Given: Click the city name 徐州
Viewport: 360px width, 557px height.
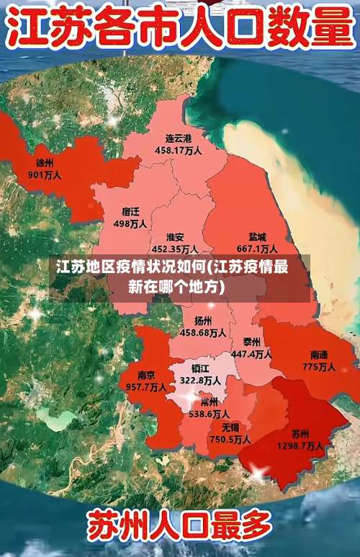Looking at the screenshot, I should coord(45,163).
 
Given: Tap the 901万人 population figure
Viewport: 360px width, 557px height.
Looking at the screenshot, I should coord(45,174).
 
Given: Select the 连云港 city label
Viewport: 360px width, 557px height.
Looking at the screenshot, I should coord(178,138).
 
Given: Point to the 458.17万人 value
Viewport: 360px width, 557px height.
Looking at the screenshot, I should coord(178,151).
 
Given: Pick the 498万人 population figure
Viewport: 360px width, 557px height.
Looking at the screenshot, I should coord(130,223).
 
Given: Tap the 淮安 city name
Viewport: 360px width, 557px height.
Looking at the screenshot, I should coord(174,237).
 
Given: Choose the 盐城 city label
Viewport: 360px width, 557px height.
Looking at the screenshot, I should coord(257,236).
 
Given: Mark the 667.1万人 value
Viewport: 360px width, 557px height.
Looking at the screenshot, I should coord(258,249).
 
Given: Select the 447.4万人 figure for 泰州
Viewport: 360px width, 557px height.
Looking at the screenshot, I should coord(251,354).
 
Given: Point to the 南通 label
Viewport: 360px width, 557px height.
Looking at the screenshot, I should coord(319,355).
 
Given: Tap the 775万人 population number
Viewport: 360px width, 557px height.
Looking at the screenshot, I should coord(319,367).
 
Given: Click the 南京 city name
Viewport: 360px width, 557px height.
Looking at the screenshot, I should coord(146,375).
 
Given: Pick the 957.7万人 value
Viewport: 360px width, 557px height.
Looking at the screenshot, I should coord(147,387).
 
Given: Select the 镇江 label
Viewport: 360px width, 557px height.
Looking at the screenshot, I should coord(200,367).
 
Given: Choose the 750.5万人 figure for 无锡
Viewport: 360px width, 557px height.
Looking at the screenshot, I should coord(230,439).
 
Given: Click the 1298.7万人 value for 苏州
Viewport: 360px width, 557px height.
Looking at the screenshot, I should coord(301,446).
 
